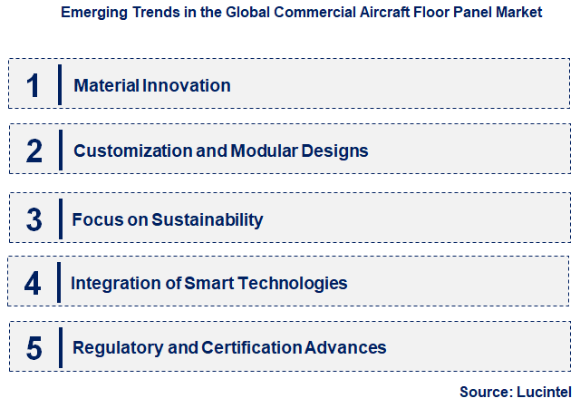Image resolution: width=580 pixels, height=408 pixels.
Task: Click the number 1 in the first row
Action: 33,86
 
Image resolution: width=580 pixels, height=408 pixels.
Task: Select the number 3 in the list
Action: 34,219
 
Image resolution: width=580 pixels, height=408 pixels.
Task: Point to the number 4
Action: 33,283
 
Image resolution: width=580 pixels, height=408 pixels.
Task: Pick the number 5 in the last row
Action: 34,348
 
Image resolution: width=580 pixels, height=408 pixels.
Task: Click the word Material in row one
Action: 106,86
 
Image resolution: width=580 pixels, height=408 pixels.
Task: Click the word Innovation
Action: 186,86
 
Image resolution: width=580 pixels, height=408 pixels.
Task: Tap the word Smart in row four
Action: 208,283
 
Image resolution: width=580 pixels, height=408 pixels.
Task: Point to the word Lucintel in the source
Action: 544,392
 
